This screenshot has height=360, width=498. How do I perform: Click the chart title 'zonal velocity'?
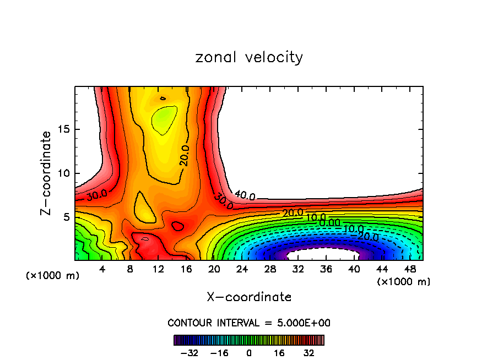pos(249,57)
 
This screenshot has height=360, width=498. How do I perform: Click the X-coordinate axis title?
pos(249,297)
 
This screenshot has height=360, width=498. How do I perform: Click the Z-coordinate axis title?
pos(46,173)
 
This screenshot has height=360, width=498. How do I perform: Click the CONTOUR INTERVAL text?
pos(249,323)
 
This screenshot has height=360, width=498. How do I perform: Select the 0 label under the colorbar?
pos(249,352)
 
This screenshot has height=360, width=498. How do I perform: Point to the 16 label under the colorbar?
pos(279,352)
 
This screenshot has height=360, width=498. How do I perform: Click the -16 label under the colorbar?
pos(219,352)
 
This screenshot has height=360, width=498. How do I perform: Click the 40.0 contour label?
pos(245,195)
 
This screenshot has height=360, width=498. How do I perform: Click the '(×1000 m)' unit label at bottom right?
pos(404,282)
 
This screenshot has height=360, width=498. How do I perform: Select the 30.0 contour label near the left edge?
pos(96,194)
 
